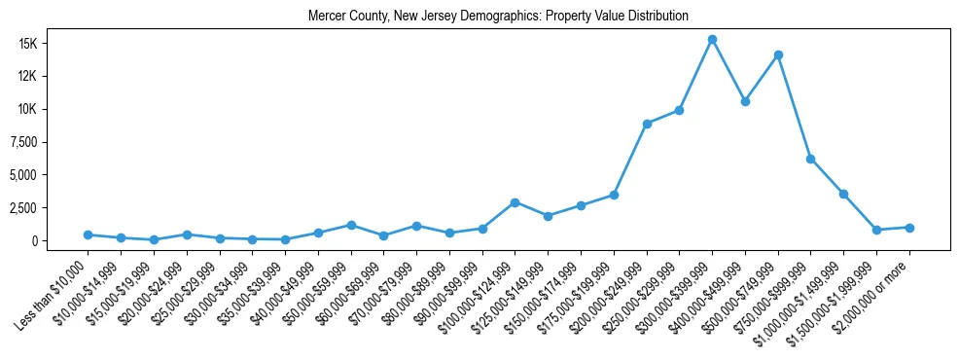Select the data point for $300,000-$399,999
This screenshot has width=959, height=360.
[712, 40]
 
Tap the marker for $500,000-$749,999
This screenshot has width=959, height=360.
[778, 54]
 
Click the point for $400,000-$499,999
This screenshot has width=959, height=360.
[745, 101]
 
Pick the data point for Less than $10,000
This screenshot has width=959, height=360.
[88, 234]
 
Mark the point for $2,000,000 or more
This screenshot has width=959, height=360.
[909, 228]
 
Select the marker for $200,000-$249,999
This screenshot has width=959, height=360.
[647, 124]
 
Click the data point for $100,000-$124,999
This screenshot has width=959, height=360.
[515, 202]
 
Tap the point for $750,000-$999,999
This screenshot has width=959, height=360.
[811, 159]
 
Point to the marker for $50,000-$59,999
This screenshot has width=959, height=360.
[351, 225]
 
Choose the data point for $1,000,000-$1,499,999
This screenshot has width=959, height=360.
[844, 195]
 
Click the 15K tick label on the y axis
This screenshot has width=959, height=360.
[53, 43]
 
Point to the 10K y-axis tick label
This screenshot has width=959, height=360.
[53, 109]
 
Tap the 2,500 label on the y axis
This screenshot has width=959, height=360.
[49, 208]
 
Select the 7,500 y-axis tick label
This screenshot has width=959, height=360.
[49, 142]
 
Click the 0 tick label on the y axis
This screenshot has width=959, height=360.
[60, 241]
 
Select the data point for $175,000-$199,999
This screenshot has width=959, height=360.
[614, 196]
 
